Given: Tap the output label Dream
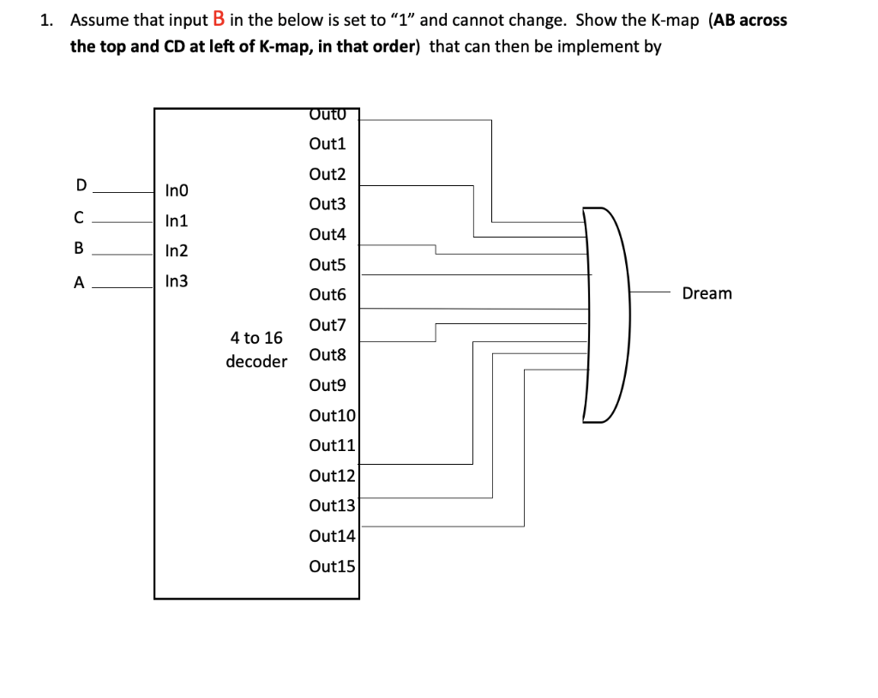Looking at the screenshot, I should [707, 293].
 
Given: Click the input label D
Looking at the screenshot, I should [81, 185].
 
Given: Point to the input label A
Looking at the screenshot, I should [80, 283].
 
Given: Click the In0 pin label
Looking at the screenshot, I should [177, 190].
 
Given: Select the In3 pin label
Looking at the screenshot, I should [177, 281].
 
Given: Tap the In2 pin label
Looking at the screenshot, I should [177, 251].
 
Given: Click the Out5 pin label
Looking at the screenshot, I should [328, 265].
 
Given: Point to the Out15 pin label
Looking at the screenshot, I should [332, 566].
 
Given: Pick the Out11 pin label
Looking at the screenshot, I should [332, 445].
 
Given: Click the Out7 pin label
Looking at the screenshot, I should [328, 325].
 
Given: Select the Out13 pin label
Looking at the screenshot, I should [332, 506].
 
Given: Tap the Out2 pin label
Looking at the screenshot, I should [328, 174].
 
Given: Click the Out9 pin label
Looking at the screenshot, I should [328, 385].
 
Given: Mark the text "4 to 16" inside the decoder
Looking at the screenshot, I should [256, 338].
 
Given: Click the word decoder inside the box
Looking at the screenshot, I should [256, 361].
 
